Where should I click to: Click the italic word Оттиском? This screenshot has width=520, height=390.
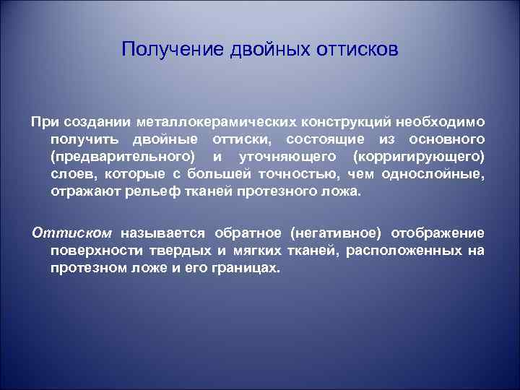72,233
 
